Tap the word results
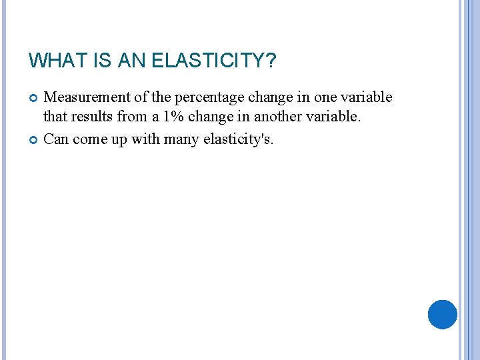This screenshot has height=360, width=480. [x=90, y=118]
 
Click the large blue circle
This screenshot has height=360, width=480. [x=442, y=314]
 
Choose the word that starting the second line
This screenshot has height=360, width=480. [x=55, y=118]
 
